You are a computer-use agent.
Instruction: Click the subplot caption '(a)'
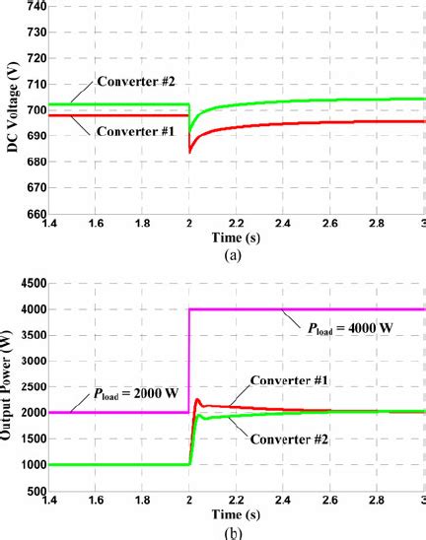click(233, 252)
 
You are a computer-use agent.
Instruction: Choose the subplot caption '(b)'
click(233, 533)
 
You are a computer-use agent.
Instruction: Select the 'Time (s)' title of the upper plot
click(233, 237)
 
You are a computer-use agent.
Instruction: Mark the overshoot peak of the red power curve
click(197, 400)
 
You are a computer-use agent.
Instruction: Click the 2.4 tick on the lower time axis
click(277, 503)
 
